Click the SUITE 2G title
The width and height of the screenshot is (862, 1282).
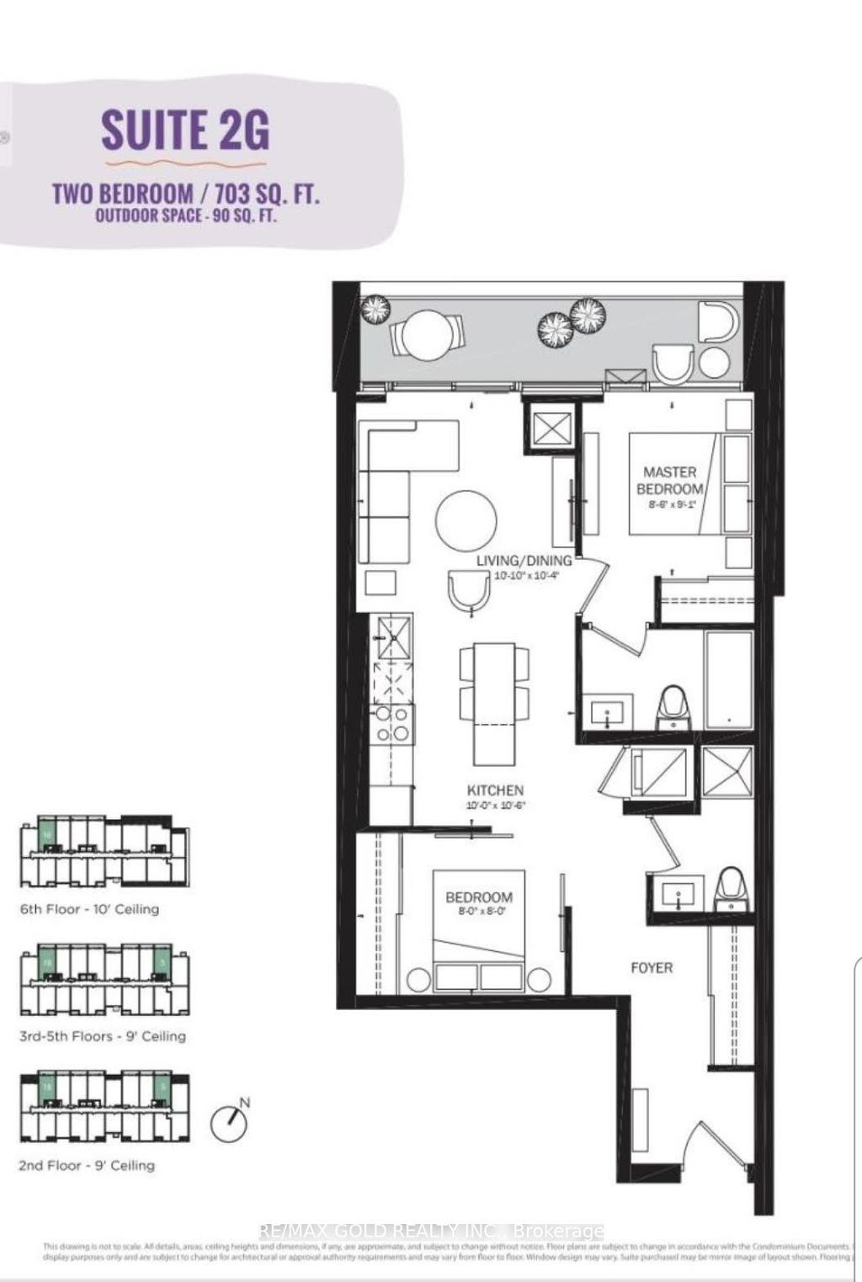(x=185, y=130)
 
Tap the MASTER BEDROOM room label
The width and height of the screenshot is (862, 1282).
(x=670, y=481)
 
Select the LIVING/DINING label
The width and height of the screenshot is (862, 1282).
(x=524, y=561)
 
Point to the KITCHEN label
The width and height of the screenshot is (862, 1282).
(x=495, y=790)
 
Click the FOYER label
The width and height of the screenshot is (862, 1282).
(x=652, y=968)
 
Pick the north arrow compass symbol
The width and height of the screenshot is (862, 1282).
(x=231, y=1121)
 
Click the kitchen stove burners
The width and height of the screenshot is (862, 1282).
(x=393, y=725)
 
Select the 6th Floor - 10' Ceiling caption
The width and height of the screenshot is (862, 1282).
(x=89, y=909)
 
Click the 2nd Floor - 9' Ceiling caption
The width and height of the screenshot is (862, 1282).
(x=88, y=1165)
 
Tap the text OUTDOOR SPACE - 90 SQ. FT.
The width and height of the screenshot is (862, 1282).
(x=187, y=215)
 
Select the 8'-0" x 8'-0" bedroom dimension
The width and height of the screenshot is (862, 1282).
(x=479, y=911)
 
